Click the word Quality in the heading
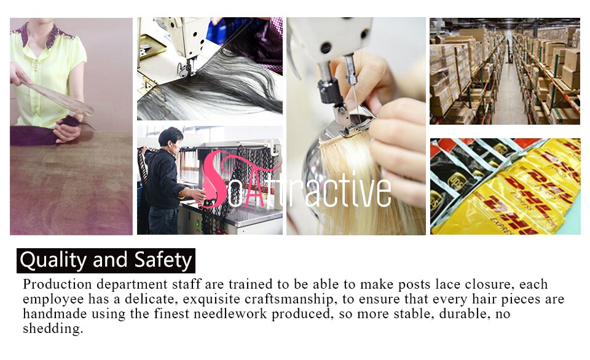pyautogui.click(x=53, y=260)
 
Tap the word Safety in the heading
pyautogui.click(x=163, y=260)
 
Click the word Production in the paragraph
pyautogui.click(x=57, y=284)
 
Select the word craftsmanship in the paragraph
pyautogui.click(x=289, y=299)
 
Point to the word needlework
pyautogui.click(x=230, y=313)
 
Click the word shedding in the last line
pyautogui.click(x=53, y=329)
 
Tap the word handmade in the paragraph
pyautogui.click(x=55, y=313)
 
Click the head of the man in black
pyautogui.click(x=170, y=138)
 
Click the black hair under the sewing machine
pyautogui.click(x=222, y=85)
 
